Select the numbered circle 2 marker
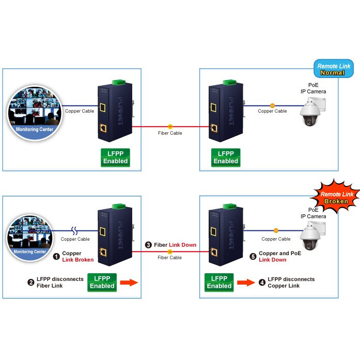point(31,283)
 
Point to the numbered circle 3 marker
point(149,245)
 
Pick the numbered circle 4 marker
point(262,283)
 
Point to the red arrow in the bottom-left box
point(129,283)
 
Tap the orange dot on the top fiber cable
point(170,126)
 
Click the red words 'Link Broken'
point(77,260)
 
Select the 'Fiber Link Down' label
point(175,245)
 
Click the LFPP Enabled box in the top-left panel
point(115,157)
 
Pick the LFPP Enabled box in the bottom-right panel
point(219,282)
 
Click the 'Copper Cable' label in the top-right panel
point(272,111)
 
